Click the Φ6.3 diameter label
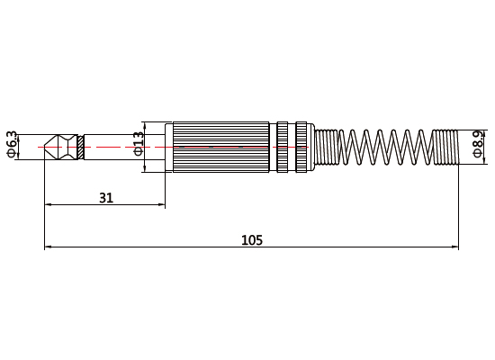click(12, 144)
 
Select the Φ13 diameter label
click(139, 144)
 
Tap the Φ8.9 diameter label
click(478, 143)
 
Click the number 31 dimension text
click(105, 197)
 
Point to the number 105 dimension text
click(252, 239)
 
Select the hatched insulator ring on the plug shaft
click(81, 145)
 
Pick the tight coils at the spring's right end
click(445, 145)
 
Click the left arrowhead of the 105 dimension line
click(49, 247)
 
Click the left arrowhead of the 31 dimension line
click(49, 205)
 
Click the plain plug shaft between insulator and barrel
click(121, 145)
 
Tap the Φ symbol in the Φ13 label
click(139, 152)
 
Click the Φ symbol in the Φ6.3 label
click(12, 154)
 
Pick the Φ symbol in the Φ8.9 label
click(478, 154)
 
